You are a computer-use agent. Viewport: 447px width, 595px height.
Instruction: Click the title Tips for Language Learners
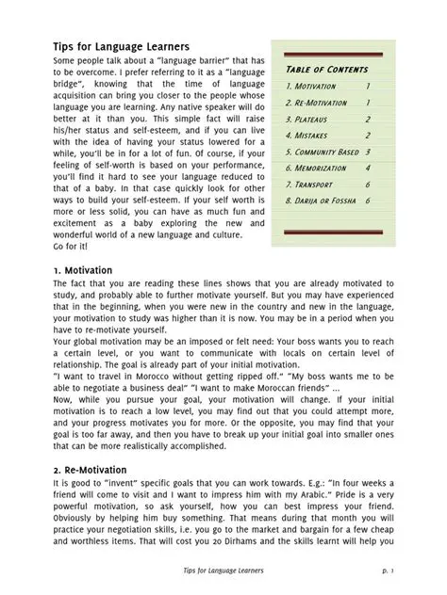coord(122,46)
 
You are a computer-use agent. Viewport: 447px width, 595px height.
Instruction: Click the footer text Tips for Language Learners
coord(223,570)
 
